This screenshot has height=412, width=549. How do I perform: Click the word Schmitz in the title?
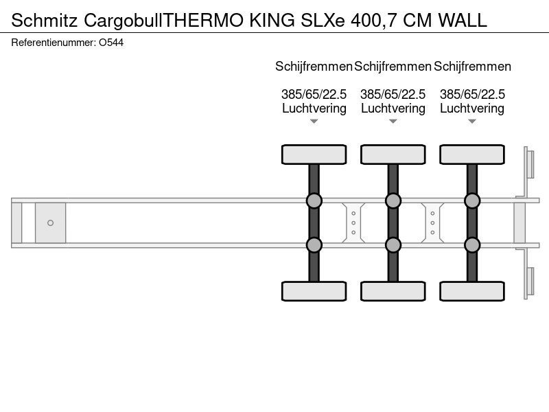tap(44, 21)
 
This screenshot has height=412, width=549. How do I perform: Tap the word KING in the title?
tap(272, 21)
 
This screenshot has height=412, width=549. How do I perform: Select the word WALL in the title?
tap(463, 21)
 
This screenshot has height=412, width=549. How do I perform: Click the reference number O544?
tap(111, 43)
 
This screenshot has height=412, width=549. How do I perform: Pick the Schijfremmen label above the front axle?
tap(314, 66)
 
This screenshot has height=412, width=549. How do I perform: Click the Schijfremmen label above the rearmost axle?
tap(472, 66)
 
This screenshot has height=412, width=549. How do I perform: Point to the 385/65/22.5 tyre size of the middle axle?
tap(393, 94)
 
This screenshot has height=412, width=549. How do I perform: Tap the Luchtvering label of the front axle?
tap(314, 108)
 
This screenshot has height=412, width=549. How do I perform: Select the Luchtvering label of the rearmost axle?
tap(472, 108)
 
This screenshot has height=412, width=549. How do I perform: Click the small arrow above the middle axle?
tap(393, 122)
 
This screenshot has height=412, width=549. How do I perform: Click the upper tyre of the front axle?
tap(314, 154)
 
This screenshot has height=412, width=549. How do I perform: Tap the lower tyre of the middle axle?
tap(393, 291)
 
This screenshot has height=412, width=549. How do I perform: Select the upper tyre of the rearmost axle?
tap(472, 154)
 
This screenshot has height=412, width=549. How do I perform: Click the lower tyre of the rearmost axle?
tap(472, 291)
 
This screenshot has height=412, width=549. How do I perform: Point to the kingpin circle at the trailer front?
tap(50, 222)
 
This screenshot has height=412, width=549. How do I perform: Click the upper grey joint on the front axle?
tap(314, 201)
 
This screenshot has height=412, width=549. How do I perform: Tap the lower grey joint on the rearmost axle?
tap(472, 245)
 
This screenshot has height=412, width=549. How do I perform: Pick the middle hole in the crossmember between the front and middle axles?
tap(353, 222)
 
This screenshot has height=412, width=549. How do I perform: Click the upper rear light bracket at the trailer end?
tap(528, 164)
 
